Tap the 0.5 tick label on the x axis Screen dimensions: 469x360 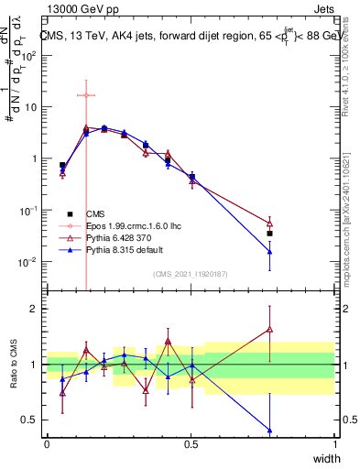(191, 443)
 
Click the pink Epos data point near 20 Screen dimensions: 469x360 (85, 95)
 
